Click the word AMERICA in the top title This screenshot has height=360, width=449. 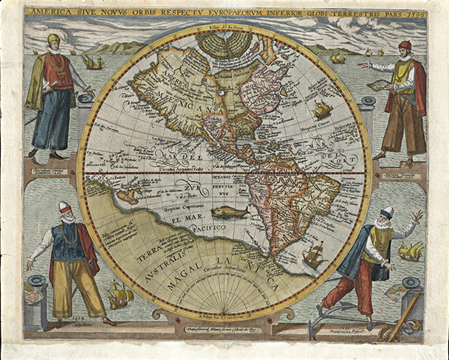[x=47, y=13]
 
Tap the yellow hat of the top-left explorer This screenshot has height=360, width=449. [x=53, y=39]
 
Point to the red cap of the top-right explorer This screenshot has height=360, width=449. [x=403, y=46]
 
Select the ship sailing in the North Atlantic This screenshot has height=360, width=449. [x=322, y=110]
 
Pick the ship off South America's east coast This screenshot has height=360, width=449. [x=315, y=255]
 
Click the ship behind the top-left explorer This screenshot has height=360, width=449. [x=92, y=62]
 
